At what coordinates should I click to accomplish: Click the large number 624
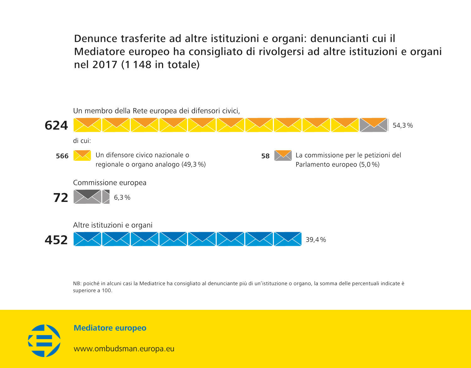click(x=56, y=125)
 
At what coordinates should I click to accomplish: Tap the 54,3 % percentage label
click(x=403, y=126)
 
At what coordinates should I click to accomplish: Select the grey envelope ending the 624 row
click(x=373, y=125)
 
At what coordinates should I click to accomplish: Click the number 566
click(x=62, y=156)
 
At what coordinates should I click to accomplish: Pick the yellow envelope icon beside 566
click(x=82, y=155)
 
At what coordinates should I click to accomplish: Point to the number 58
click(x=265, y=156)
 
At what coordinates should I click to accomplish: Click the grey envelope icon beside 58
click(x=283, y=155)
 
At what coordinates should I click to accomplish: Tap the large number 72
click(x=61, y=198)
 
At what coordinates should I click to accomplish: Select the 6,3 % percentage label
click(x=122, y=198)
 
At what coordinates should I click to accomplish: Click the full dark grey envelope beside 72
click(x=87, y=197)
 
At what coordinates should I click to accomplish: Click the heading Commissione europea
click(x=110, y=183)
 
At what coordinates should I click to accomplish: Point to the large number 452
click(x=56, y=240)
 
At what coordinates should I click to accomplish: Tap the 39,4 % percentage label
click(x=316, y=240)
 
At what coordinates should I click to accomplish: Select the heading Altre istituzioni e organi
click(x=113, y=225)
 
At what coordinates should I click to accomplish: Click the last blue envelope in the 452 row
click(x=288, y=239)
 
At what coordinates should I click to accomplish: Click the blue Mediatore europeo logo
click(x=44, y=341)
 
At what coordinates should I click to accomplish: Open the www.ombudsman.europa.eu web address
click(x=124, y=349)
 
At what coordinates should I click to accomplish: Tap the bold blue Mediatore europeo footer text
click(x=110, y=328)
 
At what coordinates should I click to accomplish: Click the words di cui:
click(x=82, y=141)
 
